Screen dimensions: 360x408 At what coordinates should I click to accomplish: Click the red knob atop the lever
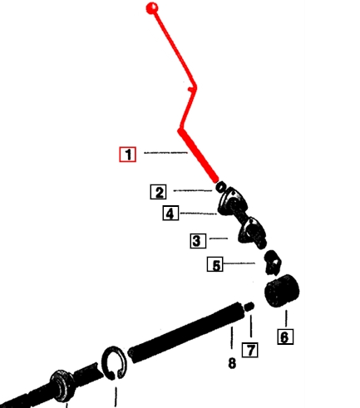click(x=152, y=8)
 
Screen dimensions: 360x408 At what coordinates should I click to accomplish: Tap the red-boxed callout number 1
click(x=128, y=155)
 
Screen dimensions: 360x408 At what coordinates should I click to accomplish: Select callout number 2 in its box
click(x=159, y=192)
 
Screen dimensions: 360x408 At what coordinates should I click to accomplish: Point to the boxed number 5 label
click(x=215, y=264)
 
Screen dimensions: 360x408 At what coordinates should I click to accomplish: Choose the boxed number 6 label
click(x=285, y=337)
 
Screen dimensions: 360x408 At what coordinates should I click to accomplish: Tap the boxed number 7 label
click(x=250, y=350)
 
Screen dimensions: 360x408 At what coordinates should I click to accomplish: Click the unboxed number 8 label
click(x=232, y=363)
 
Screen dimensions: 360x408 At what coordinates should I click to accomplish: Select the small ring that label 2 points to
click(x=221, y=187)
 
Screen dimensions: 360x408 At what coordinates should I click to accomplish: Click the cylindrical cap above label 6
click(x=282, y=291)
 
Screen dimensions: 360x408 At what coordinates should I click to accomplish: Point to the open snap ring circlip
click(x=115, y=363)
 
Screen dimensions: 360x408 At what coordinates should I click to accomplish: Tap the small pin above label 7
click(x=249, y=307)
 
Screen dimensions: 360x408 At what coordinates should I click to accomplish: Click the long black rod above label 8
click(x=186, y=332)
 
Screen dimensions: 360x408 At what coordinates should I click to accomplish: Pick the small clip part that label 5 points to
click(x=273, y=263)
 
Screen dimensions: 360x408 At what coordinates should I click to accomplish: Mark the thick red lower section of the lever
click(x=198, y=156)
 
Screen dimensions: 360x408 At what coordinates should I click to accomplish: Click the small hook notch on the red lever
click(x=190, y=89)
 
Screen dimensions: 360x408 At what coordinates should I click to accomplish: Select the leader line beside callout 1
click(x=165, y=152)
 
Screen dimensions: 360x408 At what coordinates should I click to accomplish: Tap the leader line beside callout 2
click(x=193, y=190)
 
